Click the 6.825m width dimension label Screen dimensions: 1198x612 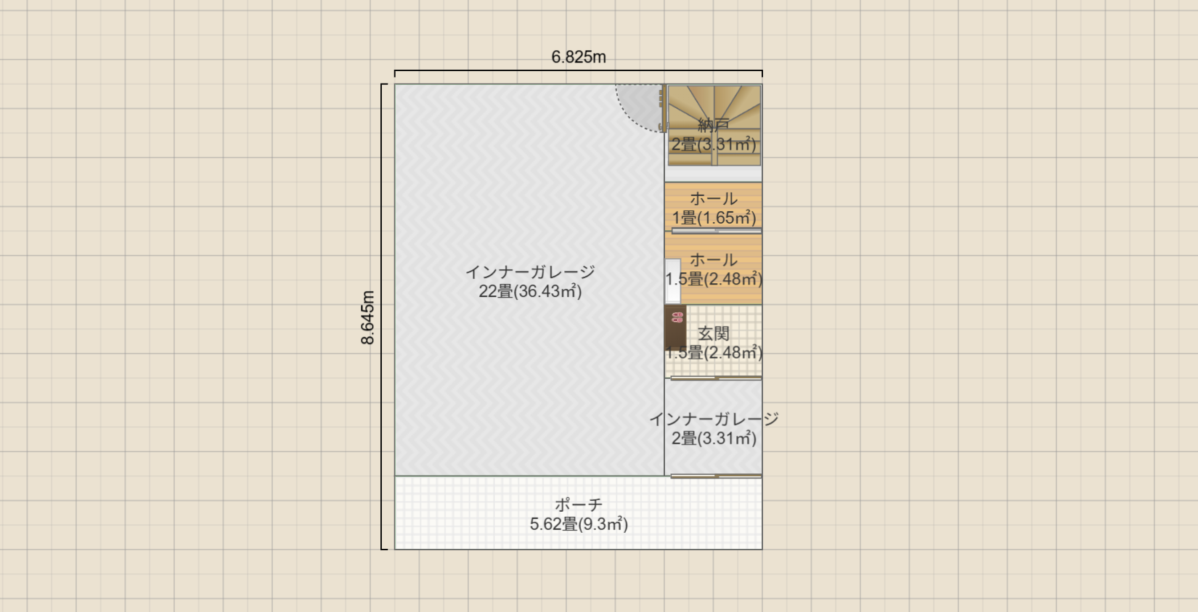pos(579,57)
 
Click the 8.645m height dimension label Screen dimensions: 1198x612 pos(368,317)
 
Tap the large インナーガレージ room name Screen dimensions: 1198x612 pos(530,272)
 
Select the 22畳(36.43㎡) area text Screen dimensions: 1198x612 pos(530,291)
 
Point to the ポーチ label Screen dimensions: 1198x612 pos(579,505)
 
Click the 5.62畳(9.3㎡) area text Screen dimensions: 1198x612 pos(579,523)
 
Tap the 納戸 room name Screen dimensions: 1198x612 pos(714,125)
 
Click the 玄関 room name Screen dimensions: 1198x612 pos(714,333)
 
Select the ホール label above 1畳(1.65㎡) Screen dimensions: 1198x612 pos(714,198)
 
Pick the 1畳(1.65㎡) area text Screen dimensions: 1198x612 pos(714,218)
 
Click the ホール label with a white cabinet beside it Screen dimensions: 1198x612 pos(714,259)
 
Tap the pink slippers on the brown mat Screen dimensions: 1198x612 pos(677,317)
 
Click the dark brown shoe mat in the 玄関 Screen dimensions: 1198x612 pos(675,327)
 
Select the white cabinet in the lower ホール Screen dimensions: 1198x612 pos(673,281)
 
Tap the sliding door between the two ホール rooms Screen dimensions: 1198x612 pos(717,231)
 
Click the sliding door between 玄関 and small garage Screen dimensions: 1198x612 pos(716,378)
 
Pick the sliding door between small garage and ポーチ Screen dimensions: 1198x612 pos(716,476)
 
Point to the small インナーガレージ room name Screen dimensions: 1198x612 pos(714,419)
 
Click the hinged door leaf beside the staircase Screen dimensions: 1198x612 pos(664,108)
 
